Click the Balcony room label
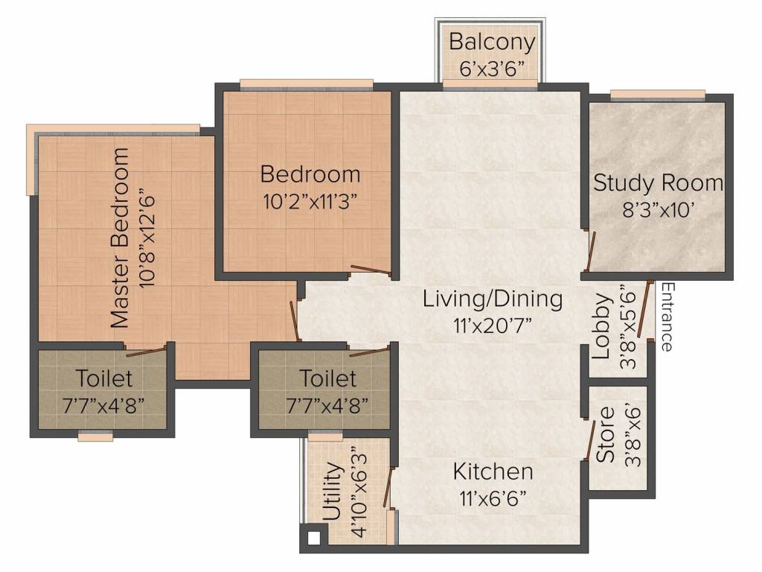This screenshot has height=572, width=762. tap(492, 41)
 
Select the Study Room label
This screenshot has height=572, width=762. tap(658, 183)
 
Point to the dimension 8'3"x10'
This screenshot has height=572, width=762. tap(658, 210)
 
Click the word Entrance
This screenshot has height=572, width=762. tap(667, 317)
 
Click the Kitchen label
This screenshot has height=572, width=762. tap(493, 471)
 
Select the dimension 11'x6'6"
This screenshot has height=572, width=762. tap(493, 498)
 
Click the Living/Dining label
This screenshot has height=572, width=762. tap(493, 299)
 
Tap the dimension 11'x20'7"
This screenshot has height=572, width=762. tap(493, 325)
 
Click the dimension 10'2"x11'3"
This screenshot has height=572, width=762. tap(310, 203)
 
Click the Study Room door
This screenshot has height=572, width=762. tap(590, 252)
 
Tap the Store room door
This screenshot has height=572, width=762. tap(590, 439)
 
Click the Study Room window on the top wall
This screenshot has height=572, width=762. tap(657, 95)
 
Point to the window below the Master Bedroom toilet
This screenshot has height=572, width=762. tap(96, 437)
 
